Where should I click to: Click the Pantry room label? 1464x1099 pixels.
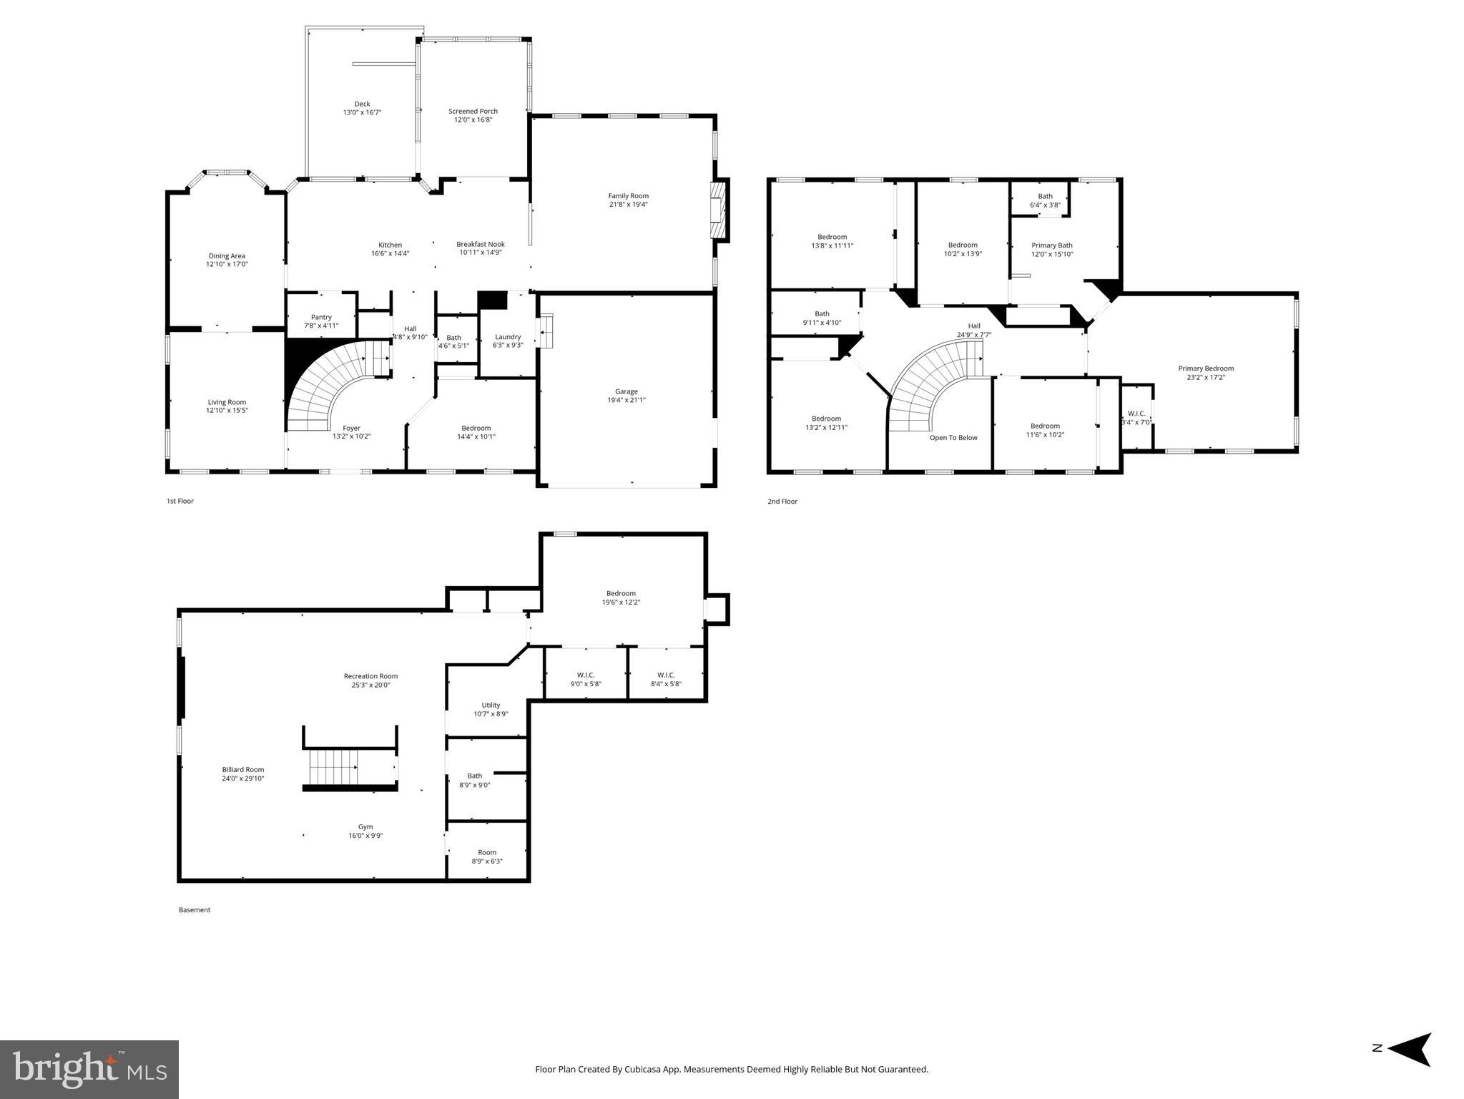[x=321, y=317]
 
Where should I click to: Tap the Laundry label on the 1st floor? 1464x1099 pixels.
[x=508, y=337]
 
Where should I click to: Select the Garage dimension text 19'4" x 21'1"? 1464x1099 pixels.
[x=626, y=400]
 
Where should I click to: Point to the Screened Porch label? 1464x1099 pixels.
[x=473, y=111]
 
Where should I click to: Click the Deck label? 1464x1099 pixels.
[x=362, y=104]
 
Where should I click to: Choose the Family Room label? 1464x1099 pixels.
[x=628, y=196]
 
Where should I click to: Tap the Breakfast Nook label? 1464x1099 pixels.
[x=481, y=244]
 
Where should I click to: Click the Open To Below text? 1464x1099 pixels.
[x=953, y=438]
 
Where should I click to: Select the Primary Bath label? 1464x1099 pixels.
[x=1051, y=245]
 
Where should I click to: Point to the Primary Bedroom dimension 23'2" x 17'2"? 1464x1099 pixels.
[x=1206, y=377]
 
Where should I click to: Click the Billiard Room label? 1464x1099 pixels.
[x=243, y=770]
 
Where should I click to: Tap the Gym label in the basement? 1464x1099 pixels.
[x=365, y=826]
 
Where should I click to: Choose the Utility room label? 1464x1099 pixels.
[x=491, y=705]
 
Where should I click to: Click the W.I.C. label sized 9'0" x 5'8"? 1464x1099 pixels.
[x=586, y=675]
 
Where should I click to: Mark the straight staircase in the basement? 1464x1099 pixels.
[x=333, y=767]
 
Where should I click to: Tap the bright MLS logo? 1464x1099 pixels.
[x=89, y=1069]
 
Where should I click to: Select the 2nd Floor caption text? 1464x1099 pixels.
[x=782, y=502]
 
